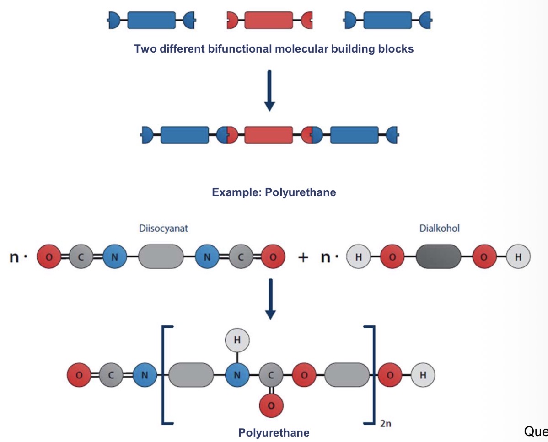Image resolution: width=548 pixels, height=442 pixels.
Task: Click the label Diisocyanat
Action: (x=163, y=228)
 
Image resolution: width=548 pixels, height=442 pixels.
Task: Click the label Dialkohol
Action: (x=439, y=228)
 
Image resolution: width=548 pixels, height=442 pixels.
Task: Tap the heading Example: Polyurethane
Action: (x=274, y=192)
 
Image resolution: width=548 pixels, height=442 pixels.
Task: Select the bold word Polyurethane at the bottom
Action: (x=274, y=432)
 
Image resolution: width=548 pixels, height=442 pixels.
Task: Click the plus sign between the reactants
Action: (x=303, y=257)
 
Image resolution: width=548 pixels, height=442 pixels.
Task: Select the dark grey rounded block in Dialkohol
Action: (x=438, y=257)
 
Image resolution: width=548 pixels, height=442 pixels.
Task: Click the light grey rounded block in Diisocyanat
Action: (x=161, y=257)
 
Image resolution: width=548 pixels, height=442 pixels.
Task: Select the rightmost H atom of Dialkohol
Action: (x=518, y=257)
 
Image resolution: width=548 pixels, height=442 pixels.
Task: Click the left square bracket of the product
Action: (x=165, y=375)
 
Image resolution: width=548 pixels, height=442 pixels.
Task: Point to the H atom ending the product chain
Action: (x=423, y=376)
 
